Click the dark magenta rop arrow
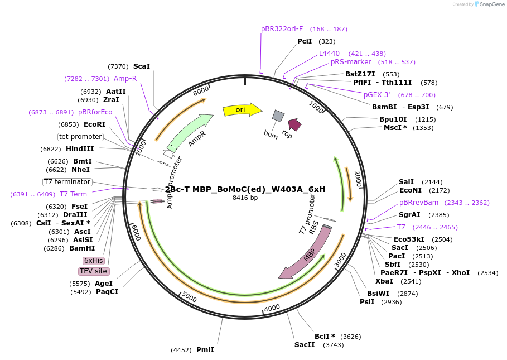294,125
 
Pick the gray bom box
278,116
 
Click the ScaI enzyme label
142,66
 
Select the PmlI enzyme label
205,350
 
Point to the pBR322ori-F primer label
282,28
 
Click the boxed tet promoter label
81,137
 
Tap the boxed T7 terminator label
67,182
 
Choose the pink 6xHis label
93,261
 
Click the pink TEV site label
93,271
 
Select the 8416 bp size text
245,198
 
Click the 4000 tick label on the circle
272,308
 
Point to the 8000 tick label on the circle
201,90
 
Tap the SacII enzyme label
305,344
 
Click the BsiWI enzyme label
378,293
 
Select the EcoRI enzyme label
94,124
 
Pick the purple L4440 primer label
329,53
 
